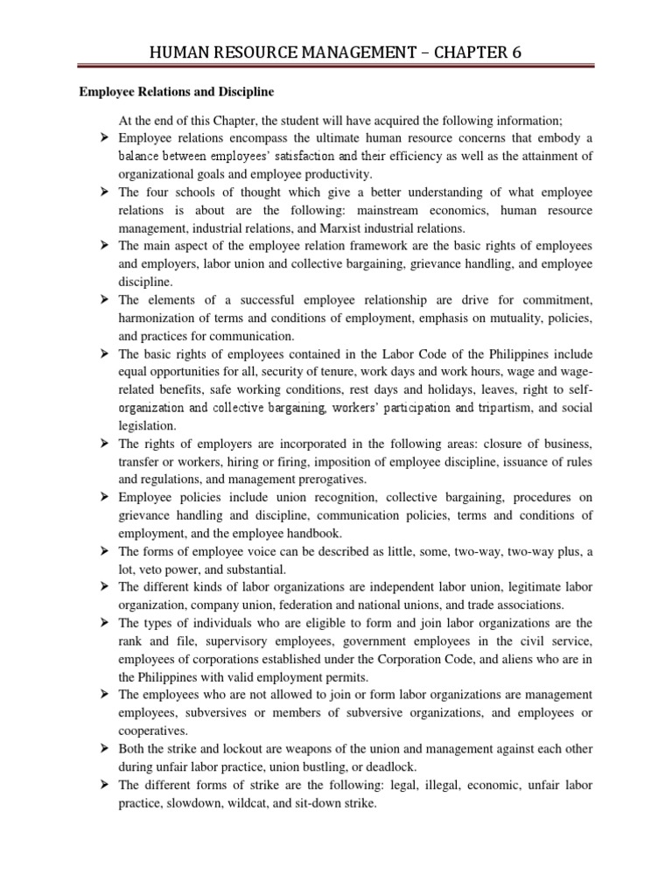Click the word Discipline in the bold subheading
click(x=243, y=91)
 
